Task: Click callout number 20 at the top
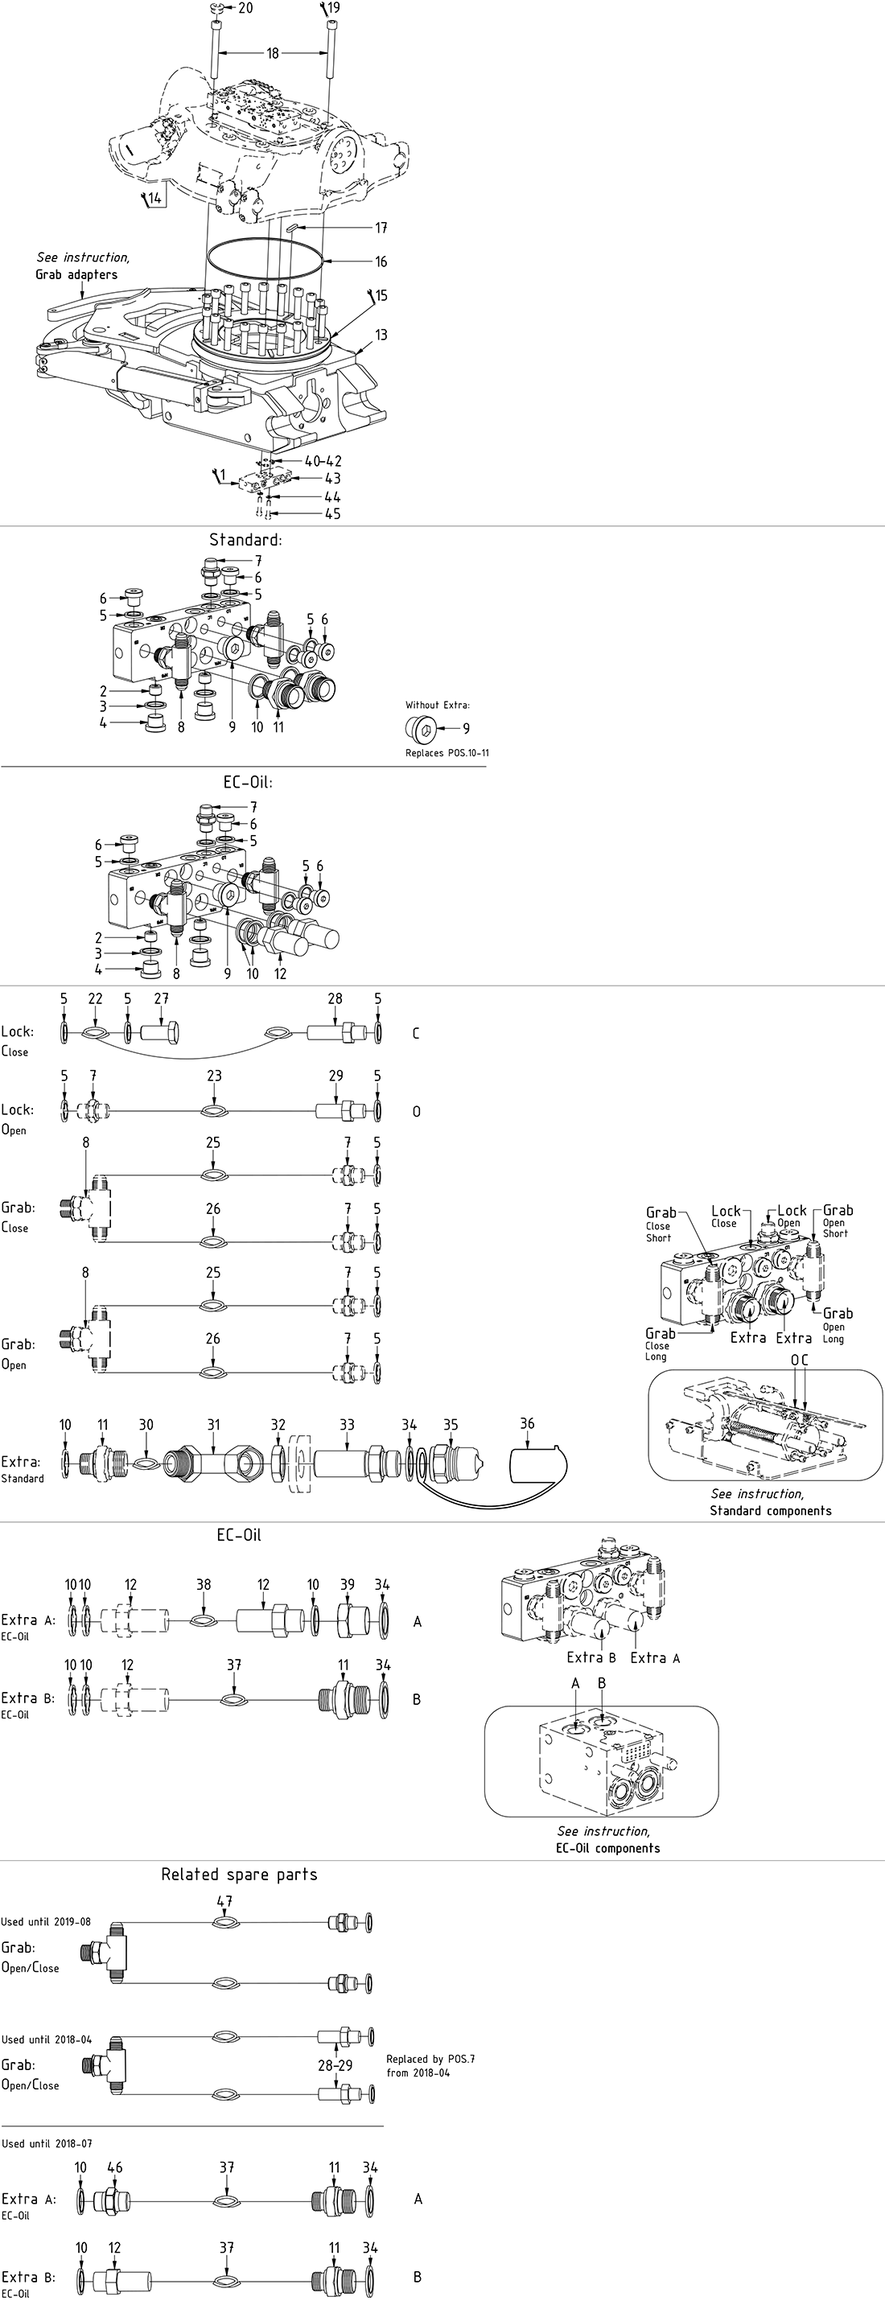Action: (245, 8)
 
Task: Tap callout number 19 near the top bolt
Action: (334, 8)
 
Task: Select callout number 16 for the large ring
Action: (381, 261)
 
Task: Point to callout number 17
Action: (381, 228)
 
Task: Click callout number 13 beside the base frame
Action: (381, 335)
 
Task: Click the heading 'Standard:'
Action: (245, 540)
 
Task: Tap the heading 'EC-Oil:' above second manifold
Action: (248, 781)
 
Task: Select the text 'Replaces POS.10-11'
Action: (447, 752)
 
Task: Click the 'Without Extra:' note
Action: (438, 705)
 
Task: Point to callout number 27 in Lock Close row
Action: (161, 998)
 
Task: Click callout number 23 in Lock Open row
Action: (214, 1076)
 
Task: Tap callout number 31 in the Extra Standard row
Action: (213, 1425)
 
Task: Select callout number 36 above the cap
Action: (527, 1423)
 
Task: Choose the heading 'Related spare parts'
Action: (239, 1874)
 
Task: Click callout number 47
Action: (224, 1900)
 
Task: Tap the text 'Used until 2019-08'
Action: (46, 1921)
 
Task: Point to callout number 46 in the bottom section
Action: (114, 2167)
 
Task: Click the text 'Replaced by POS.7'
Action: (430, 2059)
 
